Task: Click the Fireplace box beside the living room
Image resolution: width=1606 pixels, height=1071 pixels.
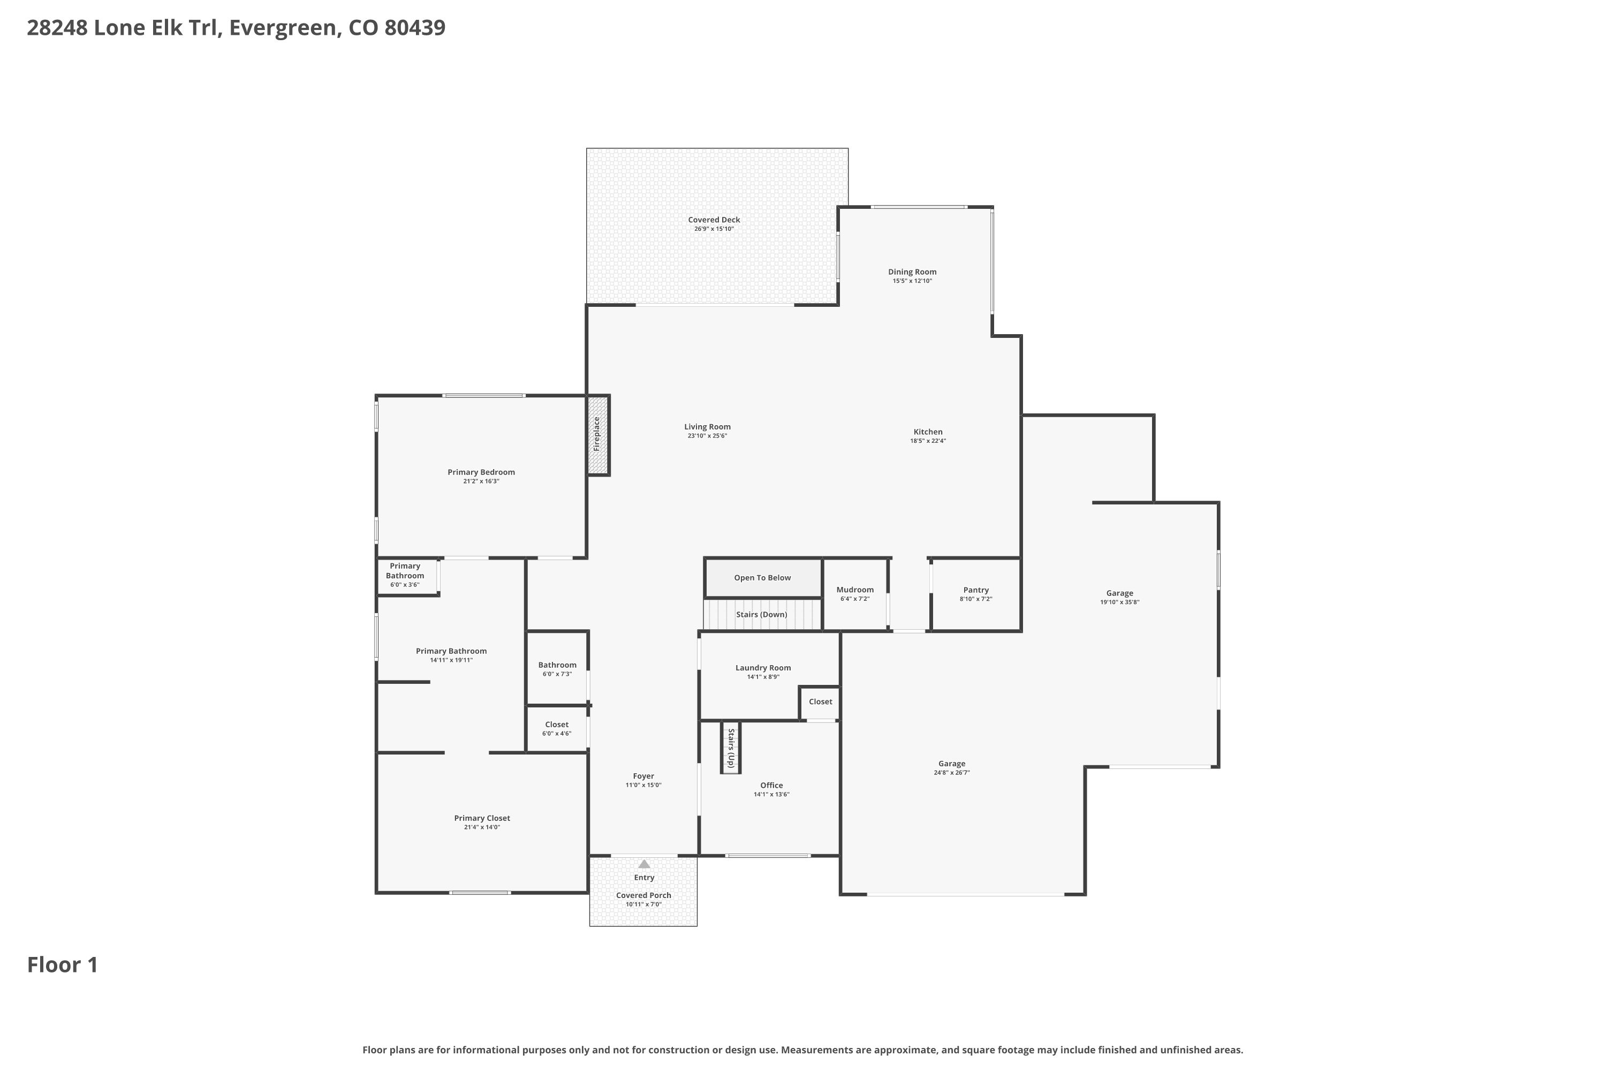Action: coord(598,435)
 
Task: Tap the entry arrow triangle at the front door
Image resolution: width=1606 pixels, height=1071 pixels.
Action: coord(644,864)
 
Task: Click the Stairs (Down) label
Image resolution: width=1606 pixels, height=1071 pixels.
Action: coord(761,615)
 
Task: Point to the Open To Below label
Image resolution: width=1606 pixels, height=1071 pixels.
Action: coord(762,578)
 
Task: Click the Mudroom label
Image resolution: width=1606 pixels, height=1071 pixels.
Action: coord(855,590)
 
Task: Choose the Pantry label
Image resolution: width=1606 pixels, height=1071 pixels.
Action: coord(976,590)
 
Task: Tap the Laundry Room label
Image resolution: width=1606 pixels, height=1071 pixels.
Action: coord(763,668)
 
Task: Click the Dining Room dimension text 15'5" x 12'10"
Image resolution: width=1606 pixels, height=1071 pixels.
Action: coord(912,281)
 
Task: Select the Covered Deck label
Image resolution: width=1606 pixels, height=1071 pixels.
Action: coord(714,220)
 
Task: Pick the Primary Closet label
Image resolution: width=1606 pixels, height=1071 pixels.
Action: coord(482,818)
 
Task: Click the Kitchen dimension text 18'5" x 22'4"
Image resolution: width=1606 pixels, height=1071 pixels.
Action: coord(928,441)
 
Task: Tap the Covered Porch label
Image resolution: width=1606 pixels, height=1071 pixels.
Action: coord(643,895)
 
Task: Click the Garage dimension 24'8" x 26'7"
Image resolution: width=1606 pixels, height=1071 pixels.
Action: coord(952,773)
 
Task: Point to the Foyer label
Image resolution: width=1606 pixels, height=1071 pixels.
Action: coord(643,776)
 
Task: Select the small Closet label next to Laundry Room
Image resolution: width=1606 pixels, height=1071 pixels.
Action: coord(820,702)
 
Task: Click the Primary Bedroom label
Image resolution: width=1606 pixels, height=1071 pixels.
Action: coord(481,472)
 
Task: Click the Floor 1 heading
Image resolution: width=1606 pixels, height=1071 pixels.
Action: coord(63,965)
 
